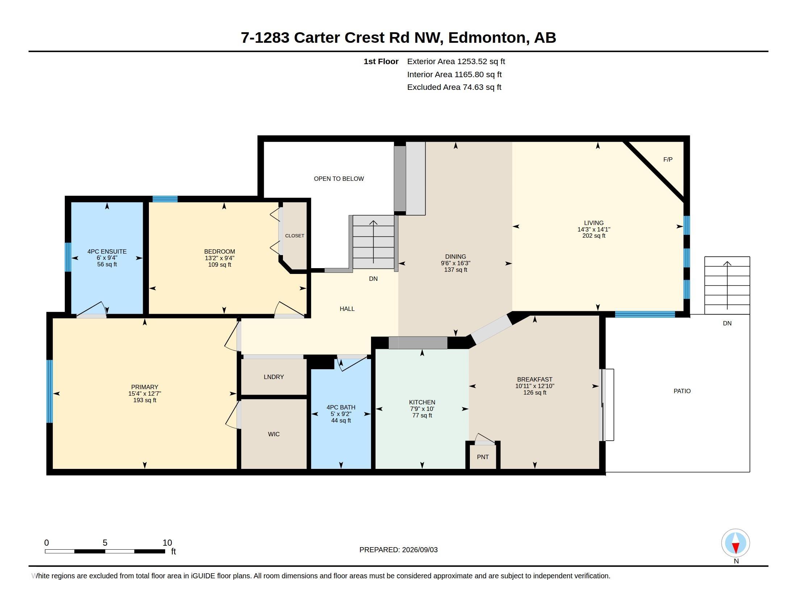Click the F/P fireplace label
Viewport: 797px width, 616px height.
[x=667, y=159]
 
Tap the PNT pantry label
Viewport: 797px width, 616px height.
[x=483, y=457]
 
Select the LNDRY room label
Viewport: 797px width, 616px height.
[x=274, y=377]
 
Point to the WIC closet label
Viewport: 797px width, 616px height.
[x=274, y=434]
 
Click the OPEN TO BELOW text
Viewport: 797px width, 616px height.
[x=339, y=178]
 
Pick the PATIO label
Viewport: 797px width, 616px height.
[x=682, y=391]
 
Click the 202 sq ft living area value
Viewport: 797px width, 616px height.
[x=594, y=236]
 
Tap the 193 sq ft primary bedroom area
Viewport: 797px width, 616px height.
[x=145, y=400]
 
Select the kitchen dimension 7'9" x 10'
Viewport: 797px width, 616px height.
[x=422, y=409]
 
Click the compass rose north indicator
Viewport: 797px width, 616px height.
[x=735, y=543]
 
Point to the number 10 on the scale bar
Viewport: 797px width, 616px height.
[x=167, y=543]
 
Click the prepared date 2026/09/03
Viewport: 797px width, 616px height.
[x=420, y=550]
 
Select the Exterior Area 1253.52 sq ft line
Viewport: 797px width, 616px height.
[x=456, y=61]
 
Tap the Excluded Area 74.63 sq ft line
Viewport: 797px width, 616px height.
[x=454, y=87]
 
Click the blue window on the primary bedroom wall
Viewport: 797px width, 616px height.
[x=50, y=391]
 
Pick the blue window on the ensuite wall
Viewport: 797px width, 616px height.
[x=68, y=257]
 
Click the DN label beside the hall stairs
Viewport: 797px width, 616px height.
[x=373, y=278]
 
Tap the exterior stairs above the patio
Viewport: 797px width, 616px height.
[x=727, y=286]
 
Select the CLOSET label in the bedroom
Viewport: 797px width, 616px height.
[x=295, y=236]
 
